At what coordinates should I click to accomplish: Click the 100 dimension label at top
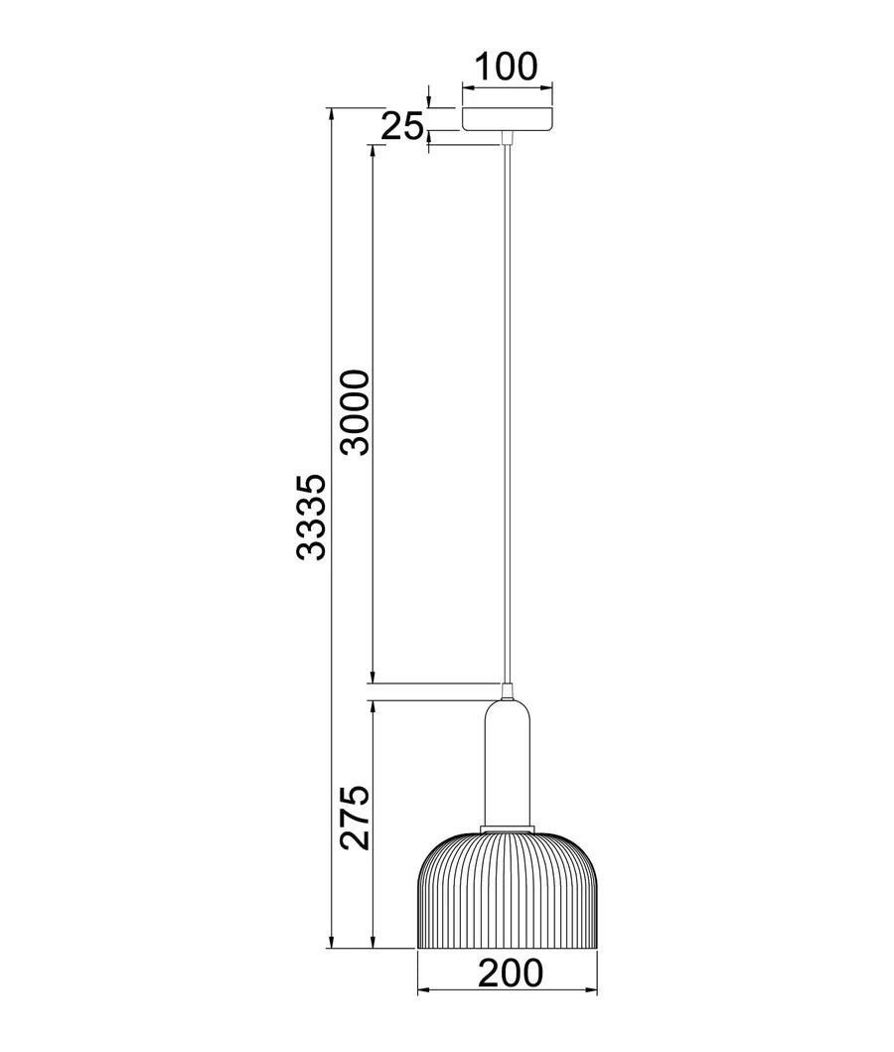click(505, 67)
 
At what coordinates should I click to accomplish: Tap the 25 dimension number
click(403, 126)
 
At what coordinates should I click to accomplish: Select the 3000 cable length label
click(354, 411)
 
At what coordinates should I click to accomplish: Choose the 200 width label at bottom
click(511, 974)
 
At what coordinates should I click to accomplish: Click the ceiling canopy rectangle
click(507, 118)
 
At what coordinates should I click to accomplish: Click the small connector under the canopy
click(508, 137)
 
